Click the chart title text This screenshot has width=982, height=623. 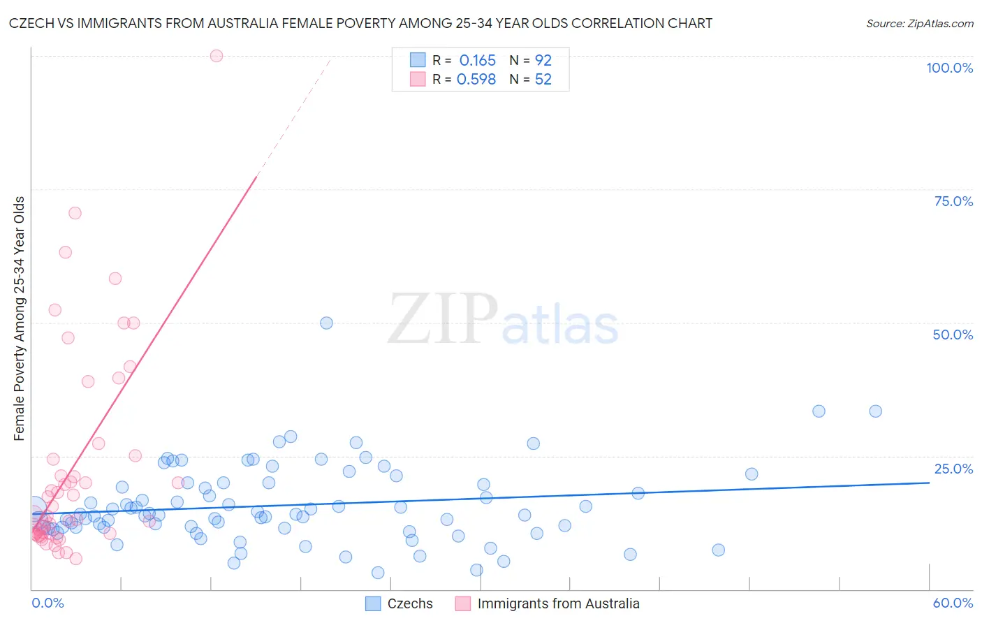pyautogui.click(x=361, y=23)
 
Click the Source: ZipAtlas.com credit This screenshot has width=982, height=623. pyautogui.click(x=919, y=23)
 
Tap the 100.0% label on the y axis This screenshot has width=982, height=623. pyautogui.click(x=949, y=68)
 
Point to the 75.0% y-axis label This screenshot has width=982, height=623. pyautogui.click(x=953, y=201)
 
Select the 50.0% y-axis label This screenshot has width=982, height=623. pyautogui.click(x=953, y=335)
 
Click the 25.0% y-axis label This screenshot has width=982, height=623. pyautogui.click(x=953, y=469)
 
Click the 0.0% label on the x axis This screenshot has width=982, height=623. pyautogui.click(x=47, y=603)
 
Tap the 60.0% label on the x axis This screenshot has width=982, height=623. pyautogui.click(x=953, y=603)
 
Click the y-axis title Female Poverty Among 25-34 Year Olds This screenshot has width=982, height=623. pyautogui.click(x=19, y=318)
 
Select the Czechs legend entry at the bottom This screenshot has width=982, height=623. pyautogui.click(x=409, y=603)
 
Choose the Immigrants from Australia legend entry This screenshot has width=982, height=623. pyautogui.click(x=557, y=603)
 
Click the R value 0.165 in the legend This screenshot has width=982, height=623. pyautogui.click(x=477, y=61)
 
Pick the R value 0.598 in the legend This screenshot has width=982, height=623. pyautogui.click(x=476, y=80)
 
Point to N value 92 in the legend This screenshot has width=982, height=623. pyautogui.click(x=543, y=61)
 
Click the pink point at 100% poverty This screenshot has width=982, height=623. pyautogui.click(x=217, y=56)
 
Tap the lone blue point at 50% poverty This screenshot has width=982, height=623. pyautogui.click(x=326, y=323)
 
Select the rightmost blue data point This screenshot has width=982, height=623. pyautogui.click(x=875, y=411)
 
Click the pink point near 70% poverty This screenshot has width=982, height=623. pyautogui.click(x=75, y=213)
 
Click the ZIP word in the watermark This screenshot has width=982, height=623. pyautogui.click(x=443, y=319)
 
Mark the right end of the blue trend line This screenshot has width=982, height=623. pyautogui.click(x=929, y=483)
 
